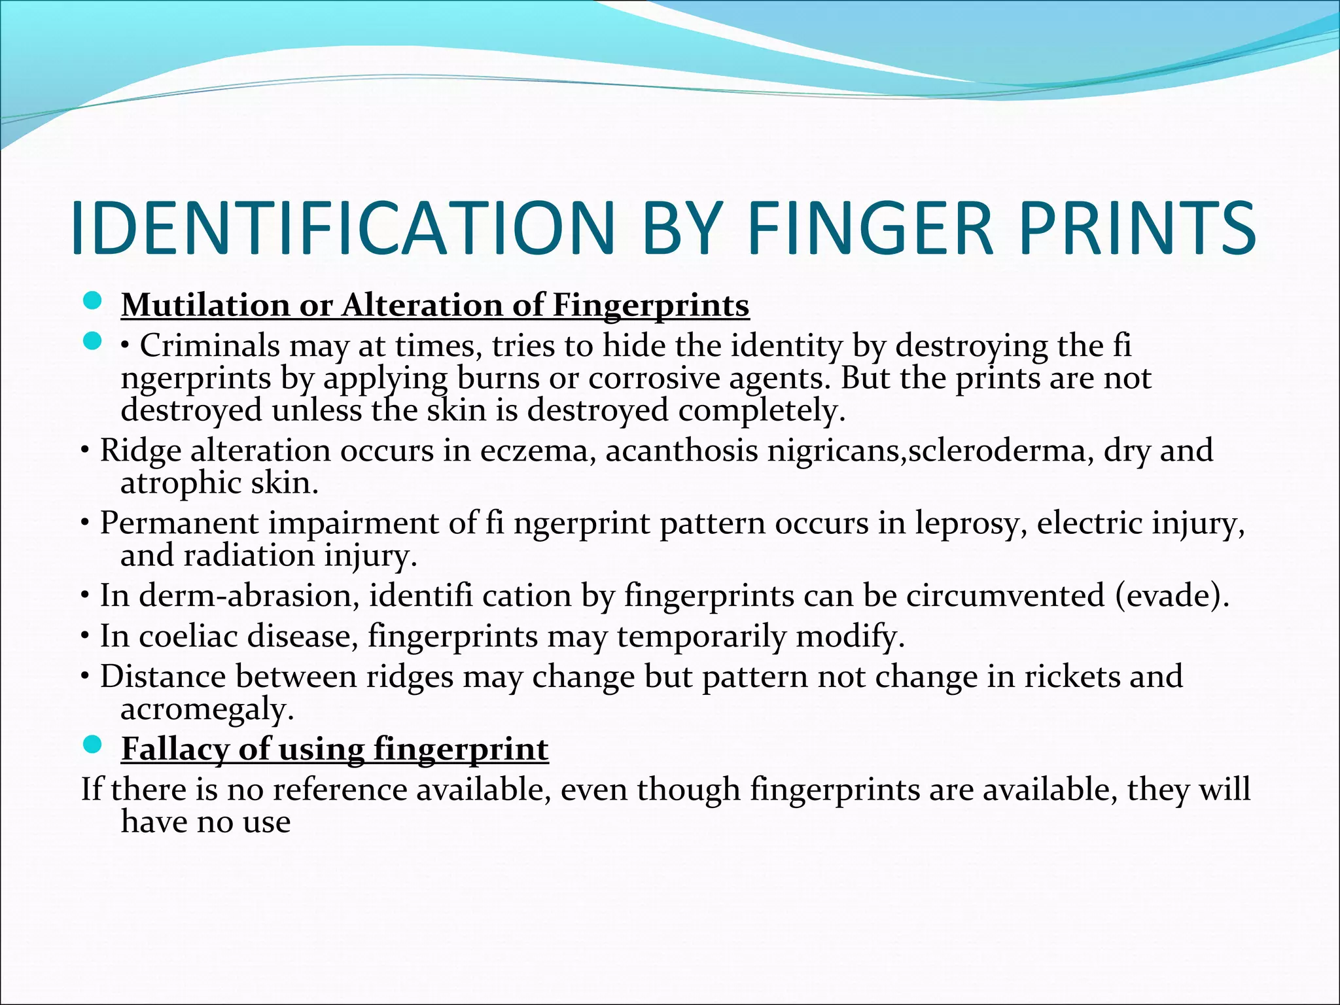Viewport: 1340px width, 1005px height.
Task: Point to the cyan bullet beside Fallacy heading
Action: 94,745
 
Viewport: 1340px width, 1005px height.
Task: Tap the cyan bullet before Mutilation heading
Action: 94,301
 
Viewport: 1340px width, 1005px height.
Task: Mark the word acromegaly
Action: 207,709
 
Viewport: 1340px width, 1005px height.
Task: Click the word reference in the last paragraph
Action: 340,789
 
